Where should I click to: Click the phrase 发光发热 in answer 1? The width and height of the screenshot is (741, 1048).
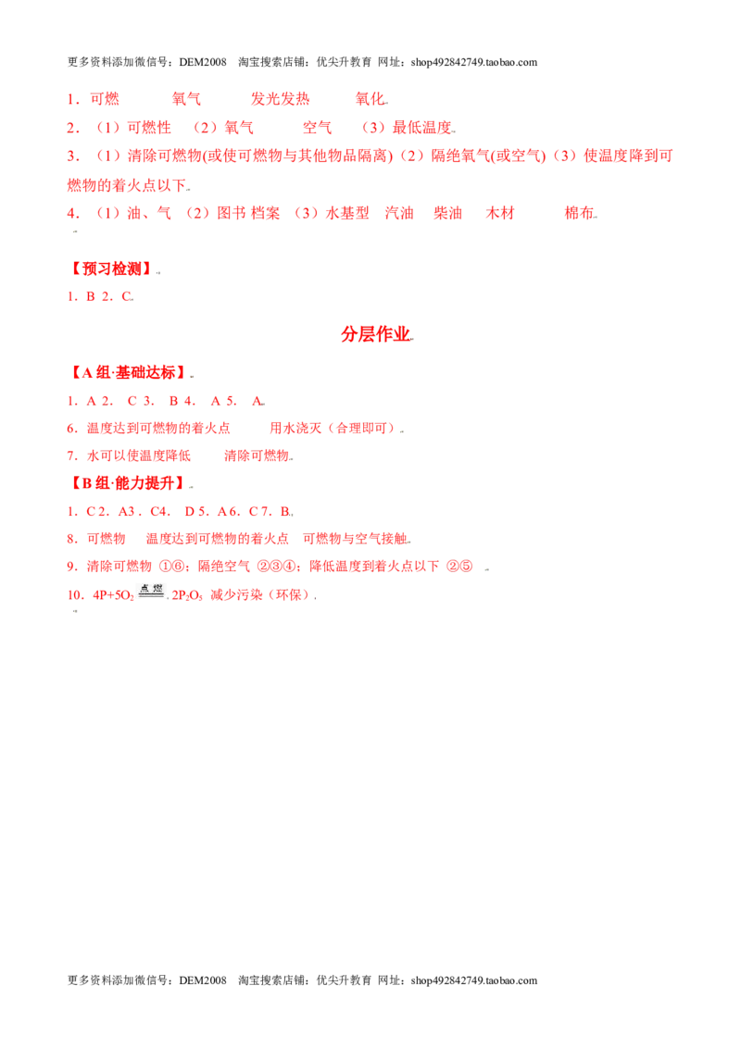(281, 99)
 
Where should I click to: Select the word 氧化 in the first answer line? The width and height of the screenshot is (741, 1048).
(370, 99)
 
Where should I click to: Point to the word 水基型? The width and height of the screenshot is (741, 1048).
(347, 213)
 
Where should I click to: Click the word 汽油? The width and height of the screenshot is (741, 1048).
(399, 213)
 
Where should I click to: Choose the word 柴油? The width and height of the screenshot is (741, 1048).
(447, 213)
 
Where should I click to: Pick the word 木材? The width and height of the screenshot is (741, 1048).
(500, 213)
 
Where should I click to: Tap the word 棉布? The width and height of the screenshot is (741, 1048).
(579, 213)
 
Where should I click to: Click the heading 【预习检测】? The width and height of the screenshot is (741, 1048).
(112, 268)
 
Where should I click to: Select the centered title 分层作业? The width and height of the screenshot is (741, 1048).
(375, 334)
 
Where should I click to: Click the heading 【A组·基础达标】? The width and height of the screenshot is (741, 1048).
(129, 373)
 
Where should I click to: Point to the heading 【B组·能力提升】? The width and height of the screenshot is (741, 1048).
(129, 483)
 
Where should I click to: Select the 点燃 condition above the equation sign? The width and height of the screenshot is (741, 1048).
(152, 588)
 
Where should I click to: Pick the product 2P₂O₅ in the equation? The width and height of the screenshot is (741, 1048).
(187, 595)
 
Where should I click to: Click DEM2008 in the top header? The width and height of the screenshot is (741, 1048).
(203, 62)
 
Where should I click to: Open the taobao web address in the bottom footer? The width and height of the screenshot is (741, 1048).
(474, 980)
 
